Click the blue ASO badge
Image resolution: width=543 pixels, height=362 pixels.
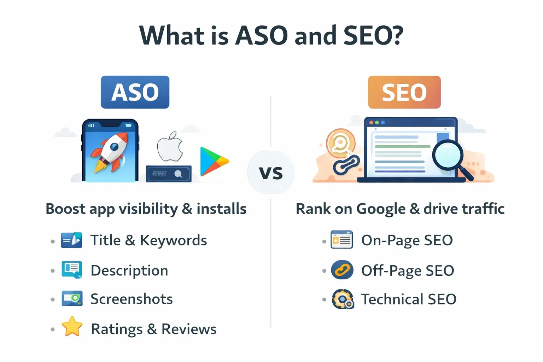coord(135,92)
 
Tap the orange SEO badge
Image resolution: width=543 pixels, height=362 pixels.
coord(404,92)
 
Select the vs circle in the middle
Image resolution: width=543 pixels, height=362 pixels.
coord(271,172)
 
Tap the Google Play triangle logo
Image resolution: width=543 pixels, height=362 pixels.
coord(213,161)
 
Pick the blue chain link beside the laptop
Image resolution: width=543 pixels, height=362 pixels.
coord(346,164)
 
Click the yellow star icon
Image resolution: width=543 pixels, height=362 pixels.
coord(72,326)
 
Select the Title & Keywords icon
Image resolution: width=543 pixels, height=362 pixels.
coord(72,240)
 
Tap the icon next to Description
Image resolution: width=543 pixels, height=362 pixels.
coord(72,270)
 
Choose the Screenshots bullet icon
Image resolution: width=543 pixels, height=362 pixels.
coord(72,299)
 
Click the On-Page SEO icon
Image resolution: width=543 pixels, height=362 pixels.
coord(341,240)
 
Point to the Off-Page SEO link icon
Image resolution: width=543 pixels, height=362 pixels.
coord(342,270)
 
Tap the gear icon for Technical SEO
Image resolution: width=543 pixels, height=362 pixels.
coord(343,299)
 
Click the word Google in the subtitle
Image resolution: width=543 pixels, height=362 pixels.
coord(381,209)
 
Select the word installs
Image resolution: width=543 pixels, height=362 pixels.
coord(221,209)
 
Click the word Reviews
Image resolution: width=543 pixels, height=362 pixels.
coord(189,329)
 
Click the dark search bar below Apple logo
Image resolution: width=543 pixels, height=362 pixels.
coord(169,174)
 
